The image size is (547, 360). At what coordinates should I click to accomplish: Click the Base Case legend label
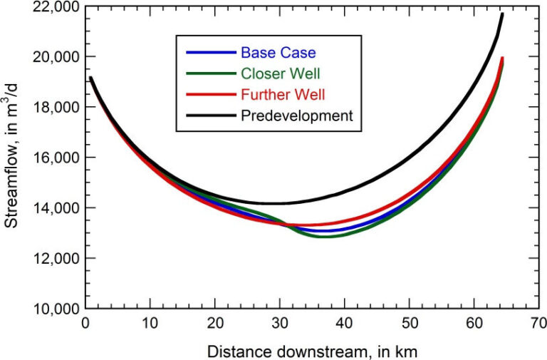point(278,52)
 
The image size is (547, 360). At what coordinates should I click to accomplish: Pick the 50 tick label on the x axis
point(409,322)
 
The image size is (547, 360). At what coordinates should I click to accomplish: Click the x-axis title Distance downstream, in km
point(311,349)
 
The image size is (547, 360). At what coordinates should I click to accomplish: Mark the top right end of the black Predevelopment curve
point(502,14)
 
